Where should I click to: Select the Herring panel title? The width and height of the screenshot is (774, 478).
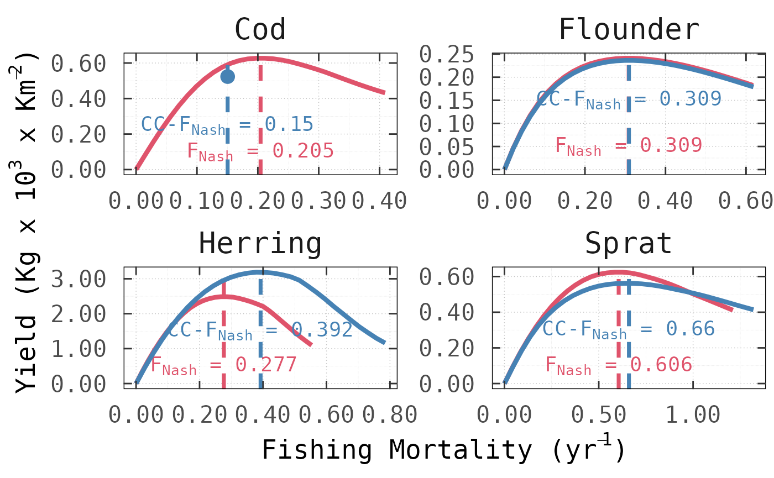click(260, 243)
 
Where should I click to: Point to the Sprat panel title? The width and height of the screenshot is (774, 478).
click(629, 243)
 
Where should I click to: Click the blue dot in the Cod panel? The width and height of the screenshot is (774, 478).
click(227, 77)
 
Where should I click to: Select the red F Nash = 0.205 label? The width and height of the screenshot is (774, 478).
click(260, 151)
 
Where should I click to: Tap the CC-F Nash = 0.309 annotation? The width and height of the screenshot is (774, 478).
click(629, 99)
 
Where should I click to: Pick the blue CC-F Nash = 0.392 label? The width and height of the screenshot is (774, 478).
click(260, 330)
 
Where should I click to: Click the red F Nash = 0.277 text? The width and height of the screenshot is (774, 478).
click(224, 365)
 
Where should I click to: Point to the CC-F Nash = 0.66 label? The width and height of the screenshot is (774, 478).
click(629, 329)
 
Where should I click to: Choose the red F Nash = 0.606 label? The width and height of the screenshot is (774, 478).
click(619, 365)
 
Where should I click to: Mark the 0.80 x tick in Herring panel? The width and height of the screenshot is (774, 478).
click(390, 414)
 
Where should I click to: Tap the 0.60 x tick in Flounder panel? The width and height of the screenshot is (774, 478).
click(746, 201)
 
